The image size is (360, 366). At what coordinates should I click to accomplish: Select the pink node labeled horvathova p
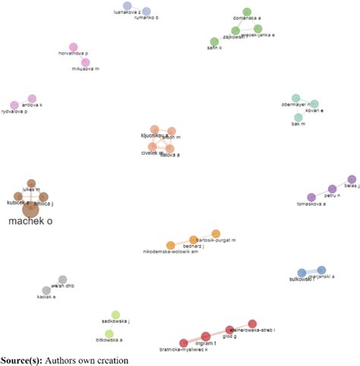coord(74,47)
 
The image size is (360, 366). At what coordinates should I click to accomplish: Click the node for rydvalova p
coord(14,106)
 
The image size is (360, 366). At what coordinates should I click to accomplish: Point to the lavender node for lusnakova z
coord(128,6)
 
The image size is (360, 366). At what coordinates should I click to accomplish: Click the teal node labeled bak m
coord(297,118)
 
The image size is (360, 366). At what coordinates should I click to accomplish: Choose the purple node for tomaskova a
coord(311,197)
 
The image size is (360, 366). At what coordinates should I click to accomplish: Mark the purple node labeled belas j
coord(351,179)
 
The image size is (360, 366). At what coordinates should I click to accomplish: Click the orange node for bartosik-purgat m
coord(216,233)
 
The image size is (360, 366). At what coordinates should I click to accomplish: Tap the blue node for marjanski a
coord(321,270)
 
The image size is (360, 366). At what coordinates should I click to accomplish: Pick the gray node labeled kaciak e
coord(46,290)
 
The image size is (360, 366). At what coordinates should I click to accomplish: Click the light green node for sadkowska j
coord(115,314)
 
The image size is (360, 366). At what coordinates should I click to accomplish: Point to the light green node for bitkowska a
coord(109,333)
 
